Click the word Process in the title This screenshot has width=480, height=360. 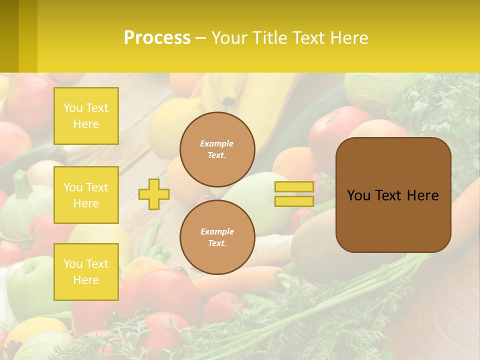(x=157, y=38)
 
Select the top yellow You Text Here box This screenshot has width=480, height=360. (x=86, y=116)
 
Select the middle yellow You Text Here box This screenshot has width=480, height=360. (x=86, y=195)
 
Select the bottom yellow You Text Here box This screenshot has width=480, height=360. (x=86, y=271)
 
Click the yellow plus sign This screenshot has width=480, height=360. (x=154, y=194)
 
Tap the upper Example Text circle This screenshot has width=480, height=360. (x=217, y=149)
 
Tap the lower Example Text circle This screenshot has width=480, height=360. (x=217, y=237)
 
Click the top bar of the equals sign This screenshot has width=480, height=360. (x=294, y=187)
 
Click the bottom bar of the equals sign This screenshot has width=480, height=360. (x=294, y=201)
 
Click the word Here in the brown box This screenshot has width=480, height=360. (x=422, y=195)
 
